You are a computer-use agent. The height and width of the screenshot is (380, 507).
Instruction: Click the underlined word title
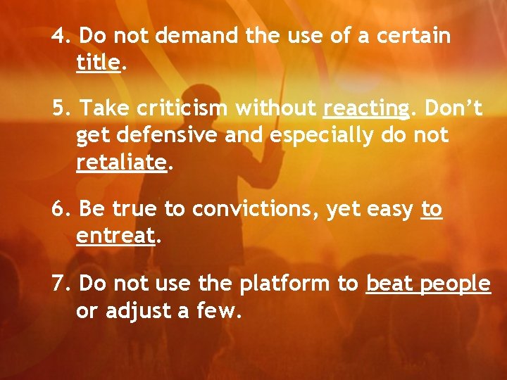click(x=99, y=62)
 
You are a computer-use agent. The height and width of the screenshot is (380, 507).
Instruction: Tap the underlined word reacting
click(x=365, y=108)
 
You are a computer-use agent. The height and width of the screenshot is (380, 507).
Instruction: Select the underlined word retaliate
click(x=121, y=163)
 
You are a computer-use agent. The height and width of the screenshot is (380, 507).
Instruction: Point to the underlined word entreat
click(x=115, y=236)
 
